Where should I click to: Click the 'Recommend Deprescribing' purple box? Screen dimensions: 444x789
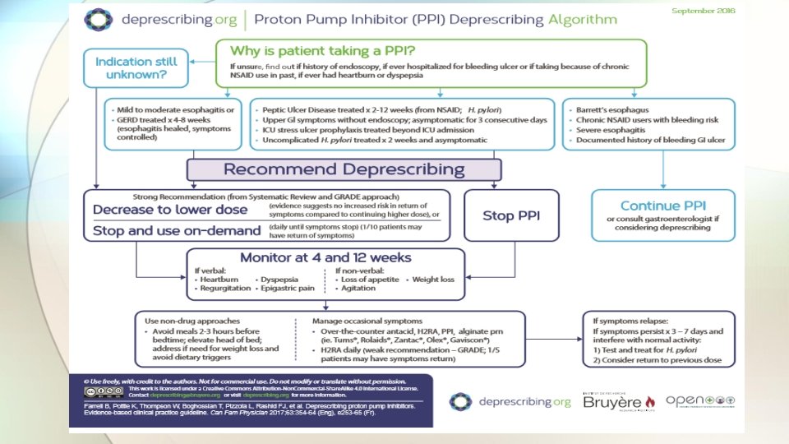[x=339, y=169]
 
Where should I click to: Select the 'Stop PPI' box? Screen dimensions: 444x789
[x=510, y=215]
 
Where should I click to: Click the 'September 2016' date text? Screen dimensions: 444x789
[x=704, y=11]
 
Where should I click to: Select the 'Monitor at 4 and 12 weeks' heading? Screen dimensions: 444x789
[x=325, y=257]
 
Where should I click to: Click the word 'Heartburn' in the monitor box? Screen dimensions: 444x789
[x=219, y=280]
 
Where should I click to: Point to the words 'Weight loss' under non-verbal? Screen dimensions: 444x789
[x=432, y=280]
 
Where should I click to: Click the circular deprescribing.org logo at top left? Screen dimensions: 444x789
[x=99, y=18]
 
